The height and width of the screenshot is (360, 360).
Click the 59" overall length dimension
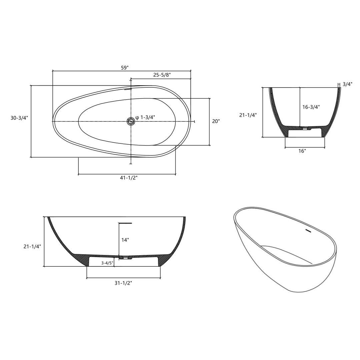(125, 68)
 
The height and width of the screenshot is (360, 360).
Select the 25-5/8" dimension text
(162, 75)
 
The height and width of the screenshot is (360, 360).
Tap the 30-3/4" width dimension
(19, 118)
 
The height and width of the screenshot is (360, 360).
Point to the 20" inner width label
(216, 121)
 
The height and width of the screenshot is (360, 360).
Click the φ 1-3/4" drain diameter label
(145, 117)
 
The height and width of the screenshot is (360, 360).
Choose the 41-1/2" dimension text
(129, 178)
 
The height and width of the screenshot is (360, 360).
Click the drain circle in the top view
(131, 121)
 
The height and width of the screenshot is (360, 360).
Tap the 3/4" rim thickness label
(347, 84)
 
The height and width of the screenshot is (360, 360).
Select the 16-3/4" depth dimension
(311, 107)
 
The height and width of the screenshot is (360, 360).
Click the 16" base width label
(302, 151)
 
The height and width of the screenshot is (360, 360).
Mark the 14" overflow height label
(125, 240)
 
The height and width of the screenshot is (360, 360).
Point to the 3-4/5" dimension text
(107, 263)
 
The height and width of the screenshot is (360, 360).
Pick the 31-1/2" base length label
(123, 283)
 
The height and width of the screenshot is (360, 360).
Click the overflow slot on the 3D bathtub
(308, 230)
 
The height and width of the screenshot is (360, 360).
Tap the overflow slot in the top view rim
(128, 89)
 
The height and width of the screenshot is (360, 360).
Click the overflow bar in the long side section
(125, 223)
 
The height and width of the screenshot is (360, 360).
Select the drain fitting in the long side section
(125, 258)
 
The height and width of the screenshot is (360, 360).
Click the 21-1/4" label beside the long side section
(32, 247)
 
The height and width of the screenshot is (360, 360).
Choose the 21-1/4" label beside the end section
(248, 115)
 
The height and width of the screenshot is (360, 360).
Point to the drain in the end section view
(305, 128)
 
